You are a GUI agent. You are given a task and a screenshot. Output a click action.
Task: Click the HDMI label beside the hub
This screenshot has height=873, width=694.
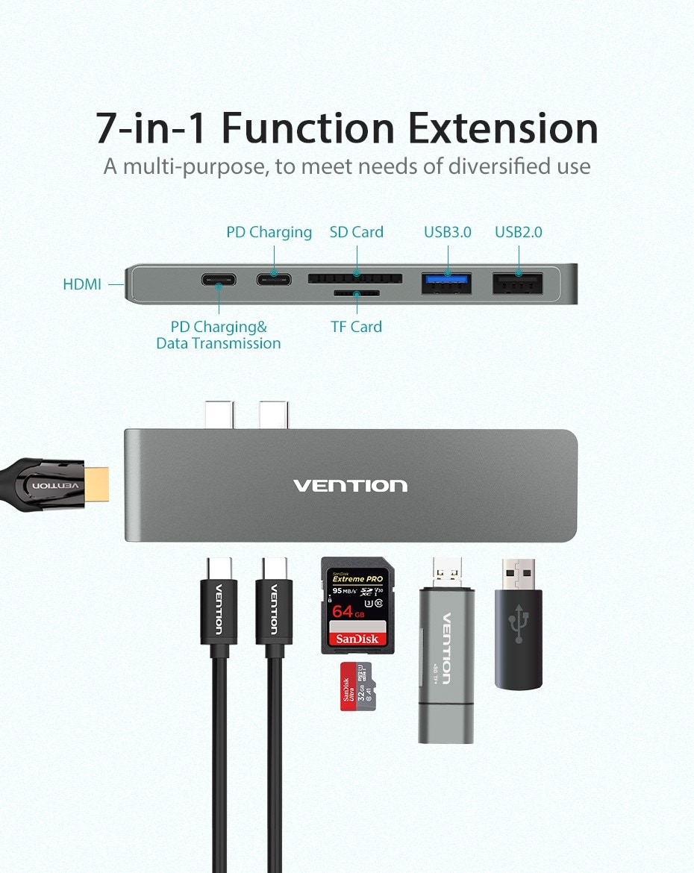[82, 284]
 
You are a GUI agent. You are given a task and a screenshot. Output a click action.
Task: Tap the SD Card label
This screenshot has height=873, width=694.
[356, 232]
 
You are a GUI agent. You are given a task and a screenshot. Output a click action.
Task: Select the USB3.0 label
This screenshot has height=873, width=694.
[448, 232]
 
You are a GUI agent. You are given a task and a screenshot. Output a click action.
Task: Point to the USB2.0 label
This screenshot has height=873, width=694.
[518, 232]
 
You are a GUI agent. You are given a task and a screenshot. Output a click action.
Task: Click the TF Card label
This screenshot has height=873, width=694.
[356, 327]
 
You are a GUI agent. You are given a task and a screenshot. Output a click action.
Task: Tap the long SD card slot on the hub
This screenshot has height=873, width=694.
[355, 278]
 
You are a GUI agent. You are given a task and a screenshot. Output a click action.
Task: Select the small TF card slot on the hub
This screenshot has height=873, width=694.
[356, 292]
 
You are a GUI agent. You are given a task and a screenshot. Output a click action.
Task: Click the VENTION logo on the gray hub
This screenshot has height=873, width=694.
[350, 486]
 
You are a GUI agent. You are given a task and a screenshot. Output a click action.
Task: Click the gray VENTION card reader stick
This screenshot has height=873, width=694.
[446, 657]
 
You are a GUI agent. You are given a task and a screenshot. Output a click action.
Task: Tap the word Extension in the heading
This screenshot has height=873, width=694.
[510, 128]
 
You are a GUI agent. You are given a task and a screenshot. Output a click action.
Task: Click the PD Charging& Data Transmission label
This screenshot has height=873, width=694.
[219, 335]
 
